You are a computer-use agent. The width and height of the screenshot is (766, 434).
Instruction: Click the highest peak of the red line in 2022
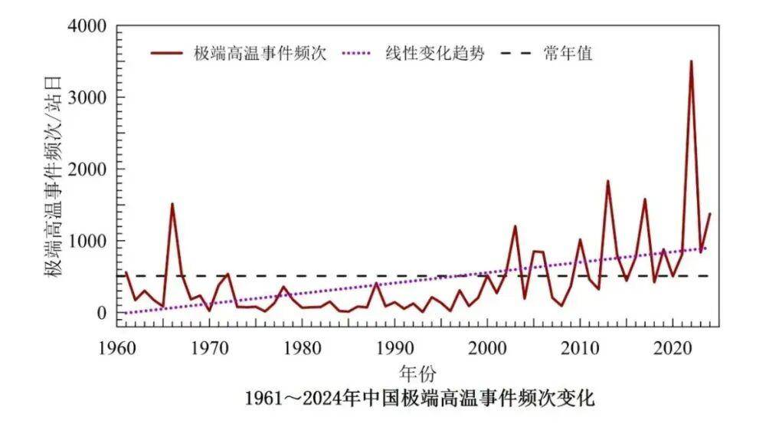tap(691, 61)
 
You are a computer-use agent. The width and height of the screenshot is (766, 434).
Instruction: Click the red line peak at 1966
tap(172, 204)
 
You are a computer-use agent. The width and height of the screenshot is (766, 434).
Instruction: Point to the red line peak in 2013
tap(607, 182)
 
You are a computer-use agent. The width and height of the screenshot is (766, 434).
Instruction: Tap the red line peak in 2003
tap(515, 226)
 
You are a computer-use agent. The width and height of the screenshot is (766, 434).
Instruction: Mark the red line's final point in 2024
tap(710, 214)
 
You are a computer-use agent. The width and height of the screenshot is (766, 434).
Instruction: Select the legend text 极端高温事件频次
tap(260, 54)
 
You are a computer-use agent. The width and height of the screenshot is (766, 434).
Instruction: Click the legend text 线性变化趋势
tap(434, 54)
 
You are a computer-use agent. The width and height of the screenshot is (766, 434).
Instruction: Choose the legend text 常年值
tap(569, 54)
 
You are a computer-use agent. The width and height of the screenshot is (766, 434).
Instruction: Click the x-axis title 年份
tap(417, 373)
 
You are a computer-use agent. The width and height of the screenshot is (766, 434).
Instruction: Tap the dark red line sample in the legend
tap(167, 54)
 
